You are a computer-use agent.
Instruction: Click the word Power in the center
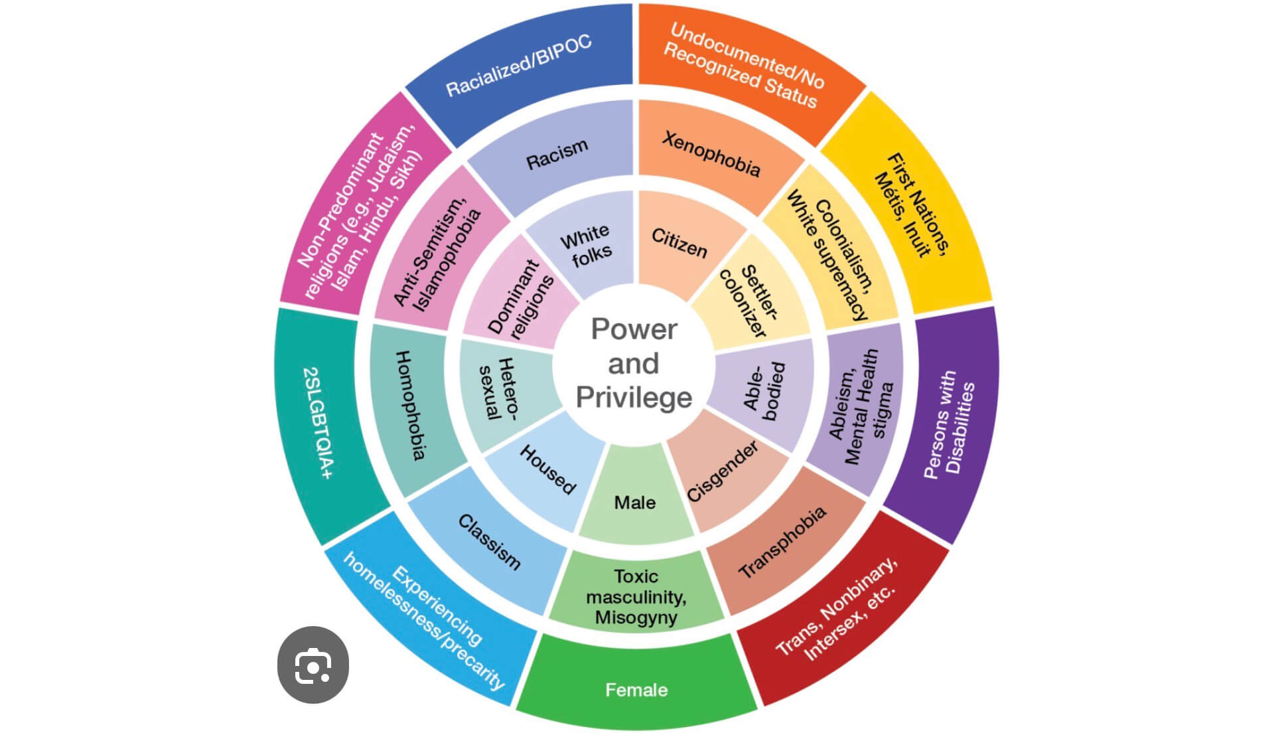(x=634, y=329)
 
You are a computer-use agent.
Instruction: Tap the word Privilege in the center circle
(x=634, y=398)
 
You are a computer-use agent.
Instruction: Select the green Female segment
(x=636, y=690)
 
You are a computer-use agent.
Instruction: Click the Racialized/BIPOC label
(x=518, y=65)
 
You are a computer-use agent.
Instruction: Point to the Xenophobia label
(x=711, y=154)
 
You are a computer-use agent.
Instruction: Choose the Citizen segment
(x=679, y=243)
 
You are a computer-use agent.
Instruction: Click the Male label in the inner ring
(x=635, y=503)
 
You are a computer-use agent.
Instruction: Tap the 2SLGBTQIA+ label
(x=318, y=423)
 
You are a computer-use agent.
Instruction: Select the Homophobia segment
(x=410, y=405)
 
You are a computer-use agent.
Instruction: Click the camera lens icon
(x=313, y=665)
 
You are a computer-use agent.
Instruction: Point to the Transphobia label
(x=782, y=542)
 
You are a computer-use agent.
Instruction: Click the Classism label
(x=489, y=542)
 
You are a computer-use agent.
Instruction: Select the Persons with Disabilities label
(x=950, y=425)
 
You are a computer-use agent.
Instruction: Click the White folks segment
(x=586, y=245)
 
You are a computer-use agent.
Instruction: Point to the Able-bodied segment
(x=764, y=391)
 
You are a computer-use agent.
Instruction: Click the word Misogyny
(x=636, y=617)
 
